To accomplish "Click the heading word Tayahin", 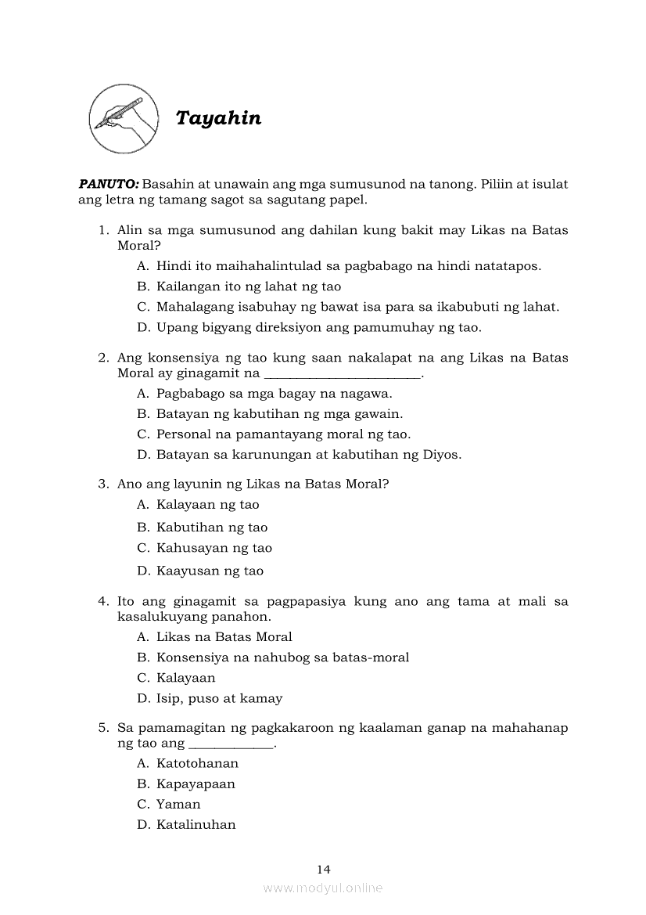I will coord(218,118).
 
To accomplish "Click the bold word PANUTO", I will coord(109,185).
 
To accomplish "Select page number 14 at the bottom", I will coord(324,869).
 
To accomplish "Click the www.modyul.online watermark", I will coord(323,888).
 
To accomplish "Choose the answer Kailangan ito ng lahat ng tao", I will coord(249,286).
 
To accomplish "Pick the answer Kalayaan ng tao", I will coord(207,505).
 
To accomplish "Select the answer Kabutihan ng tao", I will coord(211,528).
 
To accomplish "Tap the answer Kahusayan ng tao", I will coord(214,548).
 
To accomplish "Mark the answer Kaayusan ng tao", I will coord(210,571).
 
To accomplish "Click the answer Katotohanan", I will coord(197,763).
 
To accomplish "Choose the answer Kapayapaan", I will coord(196,784).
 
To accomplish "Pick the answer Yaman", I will coord(178,804).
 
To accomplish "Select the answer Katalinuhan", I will coord(196,824).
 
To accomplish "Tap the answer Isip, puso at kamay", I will coord(219,698).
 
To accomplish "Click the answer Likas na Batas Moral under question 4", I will coord(224,637).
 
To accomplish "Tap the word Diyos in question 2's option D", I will coord(443,455).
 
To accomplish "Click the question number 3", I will coord(102,484).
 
